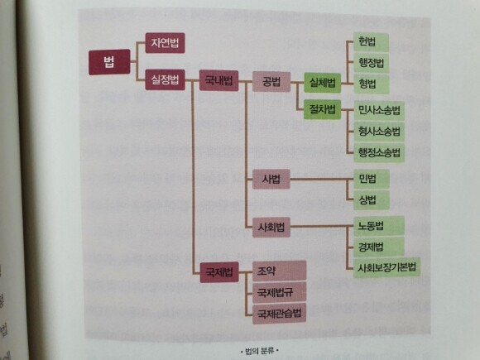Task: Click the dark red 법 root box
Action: (109, 62)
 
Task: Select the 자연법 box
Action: (165, 43)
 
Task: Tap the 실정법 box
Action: (165, 80)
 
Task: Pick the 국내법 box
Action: (218, 81)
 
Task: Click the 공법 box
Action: (271, 82)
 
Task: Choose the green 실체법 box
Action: (323, 83)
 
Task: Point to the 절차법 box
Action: (323, 109)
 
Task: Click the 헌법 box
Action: (371, 42)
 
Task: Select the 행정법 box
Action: (371, 63)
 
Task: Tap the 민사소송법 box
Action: (379, 111)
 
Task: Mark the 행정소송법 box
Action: (379, 152)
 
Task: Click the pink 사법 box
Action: (271, 179)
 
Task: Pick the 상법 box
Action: (372, 200)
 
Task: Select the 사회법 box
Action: (271, 227)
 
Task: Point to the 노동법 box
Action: (379, 226)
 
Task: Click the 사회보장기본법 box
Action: (386, 268)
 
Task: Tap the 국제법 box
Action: (219, 272)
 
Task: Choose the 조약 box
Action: (279, 271)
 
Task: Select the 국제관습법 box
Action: (279, 314)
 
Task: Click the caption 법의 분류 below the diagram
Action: (260, 351)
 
